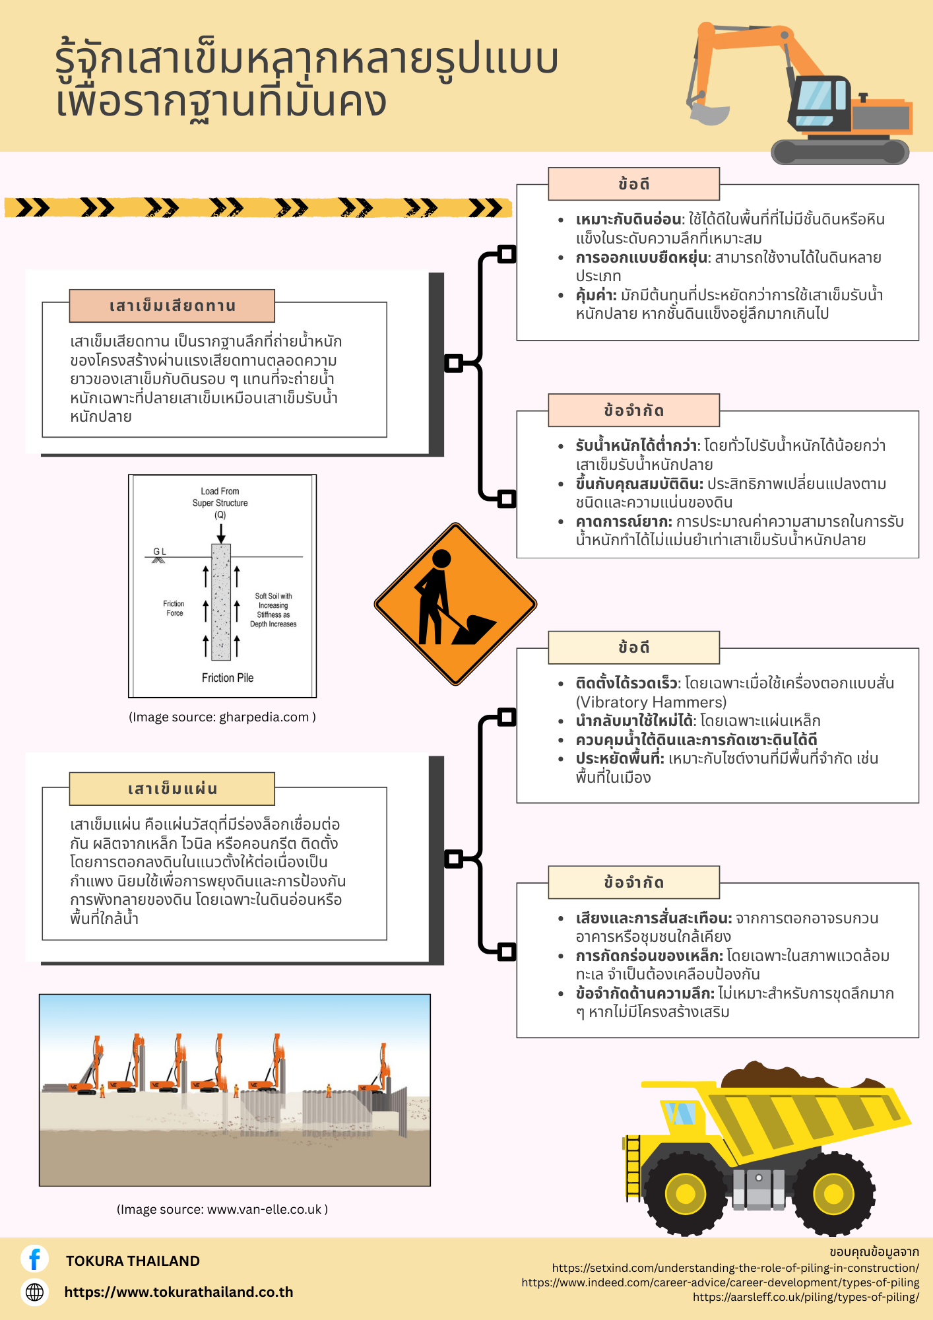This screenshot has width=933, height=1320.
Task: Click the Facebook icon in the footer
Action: click(34, 1259)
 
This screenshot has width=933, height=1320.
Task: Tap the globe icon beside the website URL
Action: click(34, 1292)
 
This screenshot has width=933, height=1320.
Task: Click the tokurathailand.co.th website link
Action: click(179, 1292)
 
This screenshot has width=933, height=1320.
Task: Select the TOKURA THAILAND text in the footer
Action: click(133, 1261)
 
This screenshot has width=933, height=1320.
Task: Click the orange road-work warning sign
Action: click(455, 604)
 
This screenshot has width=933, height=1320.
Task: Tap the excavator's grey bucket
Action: click(709, 113)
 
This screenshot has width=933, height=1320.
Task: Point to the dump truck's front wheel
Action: click(686, 1193)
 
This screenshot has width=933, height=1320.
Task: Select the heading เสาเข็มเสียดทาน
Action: click(172, 306)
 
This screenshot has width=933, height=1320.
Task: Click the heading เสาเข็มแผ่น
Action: click(172, 789)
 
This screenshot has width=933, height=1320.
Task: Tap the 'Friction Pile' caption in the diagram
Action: click(228, 678)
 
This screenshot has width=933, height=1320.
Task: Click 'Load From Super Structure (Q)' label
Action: click(220, 503)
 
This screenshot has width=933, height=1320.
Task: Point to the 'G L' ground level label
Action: click(160, 551)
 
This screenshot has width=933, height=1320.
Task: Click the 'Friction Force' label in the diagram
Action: click(174, 609)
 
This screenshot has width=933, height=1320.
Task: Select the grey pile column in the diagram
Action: click(221, 602)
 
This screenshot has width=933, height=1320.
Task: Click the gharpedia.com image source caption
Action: click(222, 717)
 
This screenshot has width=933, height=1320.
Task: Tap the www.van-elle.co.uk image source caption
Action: click(222, 1209)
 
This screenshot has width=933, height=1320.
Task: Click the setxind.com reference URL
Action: click(736, 1268)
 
